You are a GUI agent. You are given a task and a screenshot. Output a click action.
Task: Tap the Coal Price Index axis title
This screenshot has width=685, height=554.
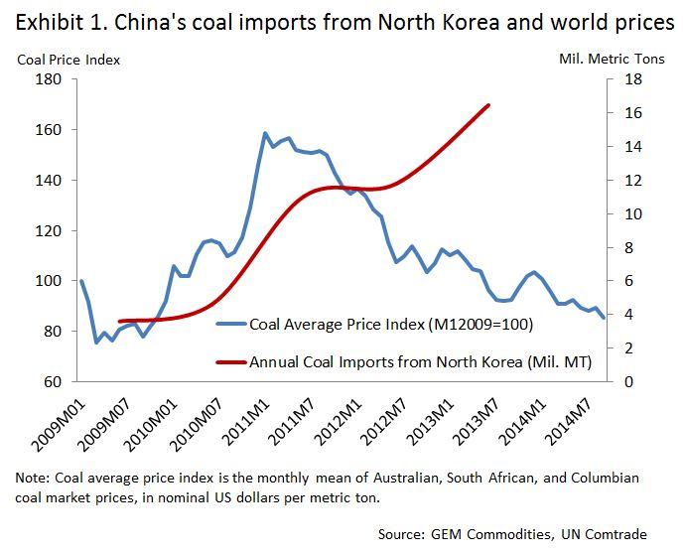pos(68,60)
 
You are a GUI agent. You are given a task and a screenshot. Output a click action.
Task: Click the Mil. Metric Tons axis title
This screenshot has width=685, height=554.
pos(613,60)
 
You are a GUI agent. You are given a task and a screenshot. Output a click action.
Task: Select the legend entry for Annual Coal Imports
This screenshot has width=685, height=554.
pos(420,362)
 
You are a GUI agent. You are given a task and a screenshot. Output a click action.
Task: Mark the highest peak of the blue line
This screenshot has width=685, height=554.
pos(265,133)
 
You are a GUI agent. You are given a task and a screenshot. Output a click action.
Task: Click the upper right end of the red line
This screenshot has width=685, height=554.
pos(488,104)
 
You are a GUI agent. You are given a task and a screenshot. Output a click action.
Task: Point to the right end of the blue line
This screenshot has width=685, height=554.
pos(605,318)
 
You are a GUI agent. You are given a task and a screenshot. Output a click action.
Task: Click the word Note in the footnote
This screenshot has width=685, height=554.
pos(32,478)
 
